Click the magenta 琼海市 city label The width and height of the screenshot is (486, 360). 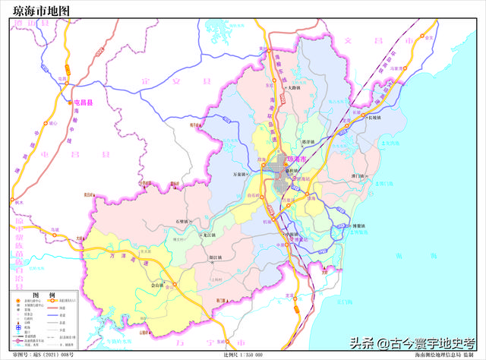click(296, 160)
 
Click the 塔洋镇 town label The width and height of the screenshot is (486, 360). click(308, 141)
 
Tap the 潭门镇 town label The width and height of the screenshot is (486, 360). click(360, 176)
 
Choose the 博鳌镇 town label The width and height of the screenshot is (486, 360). click(342, 226)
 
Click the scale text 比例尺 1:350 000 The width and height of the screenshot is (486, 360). click(243, 355)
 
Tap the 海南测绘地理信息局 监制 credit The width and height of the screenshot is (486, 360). click(448, 355)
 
